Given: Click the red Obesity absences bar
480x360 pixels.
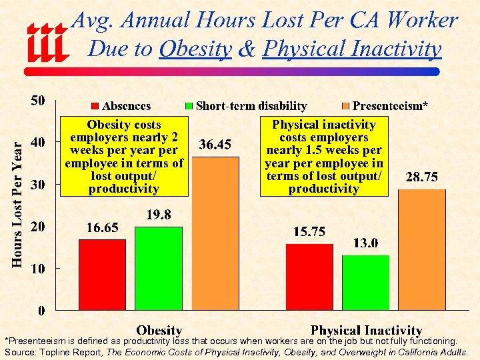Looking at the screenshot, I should (102, 275).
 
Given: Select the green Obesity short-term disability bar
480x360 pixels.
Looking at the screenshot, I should (159, 268).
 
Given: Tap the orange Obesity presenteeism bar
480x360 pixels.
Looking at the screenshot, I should (215, 233).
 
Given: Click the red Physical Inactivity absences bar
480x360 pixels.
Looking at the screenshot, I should (309, 277).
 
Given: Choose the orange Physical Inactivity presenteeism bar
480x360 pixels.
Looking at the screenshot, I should (422, 249).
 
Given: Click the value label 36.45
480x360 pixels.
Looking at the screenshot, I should (215, 145).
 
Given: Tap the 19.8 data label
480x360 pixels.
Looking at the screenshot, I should (159, 215).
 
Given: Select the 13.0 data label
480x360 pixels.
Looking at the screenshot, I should (365, 243).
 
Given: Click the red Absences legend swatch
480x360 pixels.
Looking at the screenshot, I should (95, 106).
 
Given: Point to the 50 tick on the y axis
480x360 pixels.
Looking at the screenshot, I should (38, 101).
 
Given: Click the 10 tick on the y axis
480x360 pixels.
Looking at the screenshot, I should (38, 269).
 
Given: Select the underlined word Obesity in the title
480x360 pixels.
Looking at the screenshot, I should (195, 49).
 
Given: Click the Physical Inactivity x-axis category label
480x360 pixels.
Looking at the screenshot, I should (366, 330).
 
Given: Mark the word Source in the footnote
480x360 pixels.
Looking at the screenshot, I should (20, 351).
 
